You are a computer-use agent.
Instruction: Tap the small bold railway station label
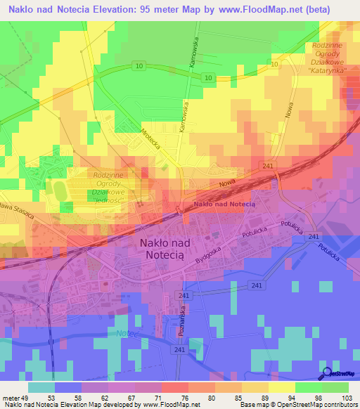tap(224, 204)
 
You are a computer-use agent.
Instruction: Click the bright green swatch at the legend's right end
tap(335, 387)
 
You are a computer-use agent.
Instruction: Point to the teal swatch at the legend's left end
tap(41, 387)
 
